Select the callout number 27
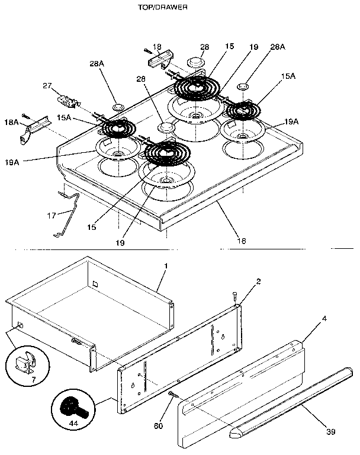(47, 86)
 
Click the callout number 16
(242, 241)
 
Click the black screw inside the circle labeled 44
(70, 408)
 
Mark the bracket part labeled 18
(158, 60)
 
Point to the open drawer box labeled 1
(89, 308)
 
